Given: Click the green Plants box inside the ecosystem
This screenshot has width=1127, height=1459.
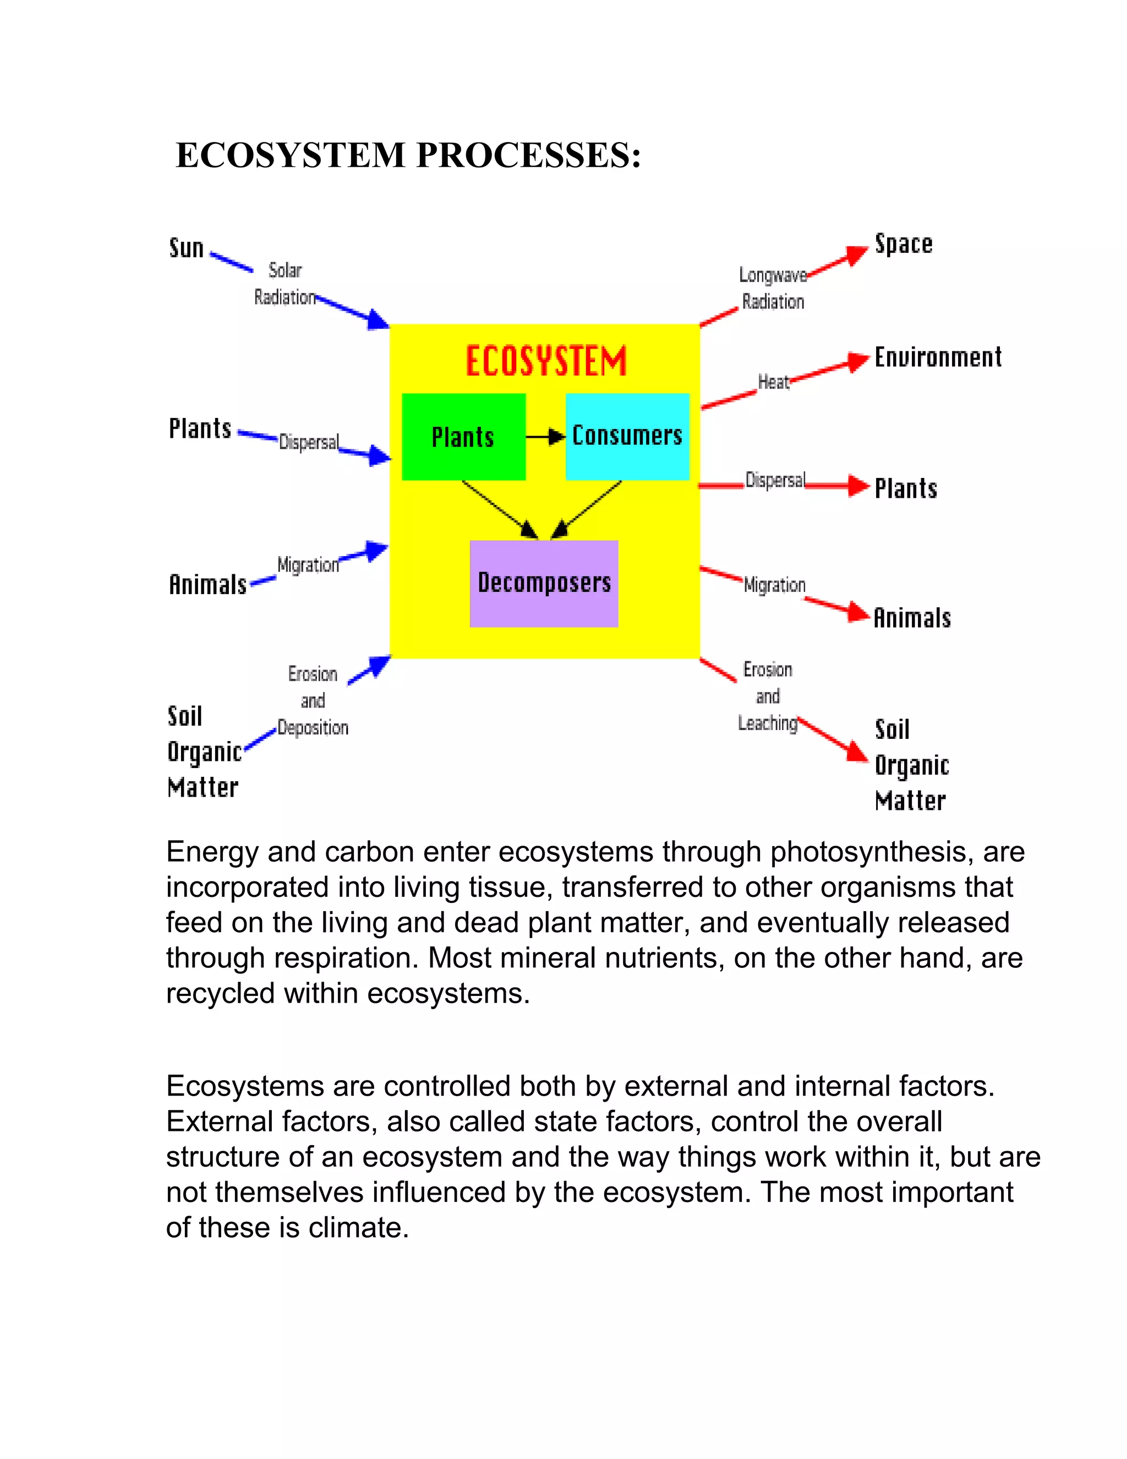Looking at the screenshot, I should [x=463, y=437].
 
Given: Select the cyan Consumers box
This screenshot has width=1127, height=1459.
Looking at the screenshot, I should [x=627, y=436].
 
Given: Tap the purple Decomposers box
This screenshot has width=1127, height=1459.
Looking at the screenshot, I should [x=544, y=583].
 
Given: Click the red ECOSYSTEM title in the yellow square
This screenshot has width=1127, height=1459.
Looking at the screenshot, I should [x=545, y=361].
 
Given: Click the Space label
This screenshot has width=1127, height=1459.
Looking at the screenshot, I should [x=904, y=244].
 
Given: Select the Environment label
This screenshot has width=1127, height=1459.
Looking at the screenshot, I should [x=937, y=357].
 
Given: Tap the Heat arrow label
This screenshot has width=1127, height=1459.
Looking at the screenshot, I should [x=773, y=382].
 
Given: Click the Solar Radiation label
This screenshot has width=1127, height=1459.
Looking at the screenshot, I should [x=285, y=284].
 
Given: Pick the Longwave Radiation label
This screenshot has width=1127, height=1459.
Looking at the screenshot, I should [x=773, y=288].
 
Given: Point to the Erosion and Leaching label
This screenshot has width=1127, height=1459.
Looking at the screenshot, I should [x=768, y=696].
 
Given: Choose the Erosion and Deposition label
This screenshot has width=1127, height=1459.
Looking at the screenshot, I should [x=313, y=701].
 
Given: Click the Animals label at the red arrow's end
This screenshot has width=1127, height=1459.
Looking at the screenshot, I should [x=912, y=618].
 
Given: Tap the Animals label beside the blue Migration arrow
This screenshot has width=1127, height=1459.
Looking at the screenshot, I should [x=207, y=585].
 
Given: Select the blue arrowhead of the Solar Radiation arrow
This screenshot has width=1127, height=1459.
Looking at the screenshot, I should [x=379, y=320].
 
